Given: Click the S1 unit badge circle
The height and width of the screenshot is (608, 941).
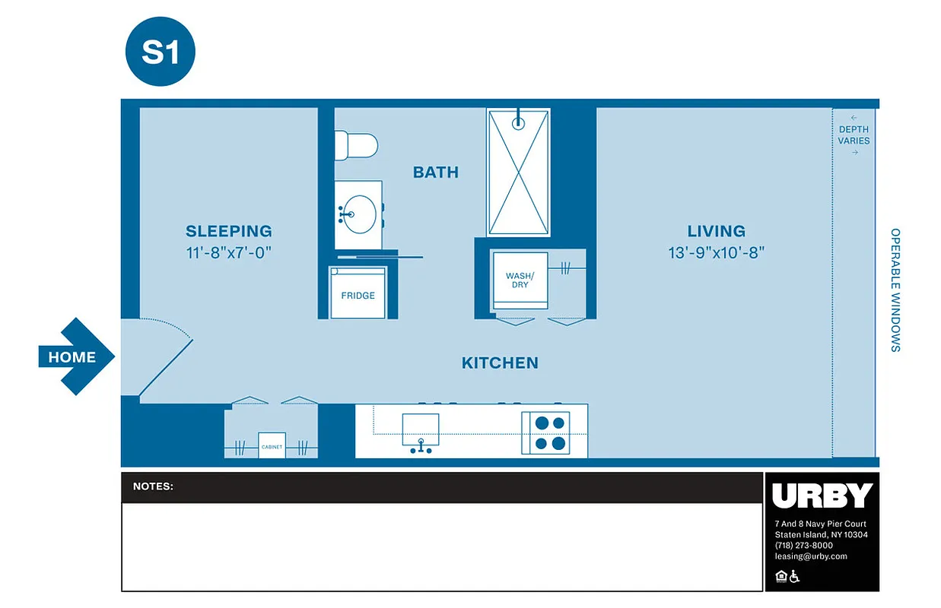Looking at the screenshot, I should point(160,51).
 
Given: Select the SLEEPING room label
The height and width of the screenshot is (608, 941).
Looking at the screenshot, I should point(228,231).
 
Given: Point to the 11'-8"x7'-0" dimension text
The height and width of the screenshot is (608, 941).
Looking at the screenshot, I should point(228,252).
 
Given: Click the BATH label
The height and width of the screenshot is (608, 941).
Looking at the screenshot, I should point(436,173).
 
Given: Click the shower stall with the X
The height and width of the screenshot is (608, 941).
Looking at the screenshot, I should point(518,173).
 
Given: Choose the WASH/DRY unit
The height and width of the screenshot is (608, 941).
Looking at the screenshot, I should point(520,280).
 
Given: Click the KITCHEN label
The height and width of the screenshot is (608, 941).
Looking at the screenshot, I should point(500,363).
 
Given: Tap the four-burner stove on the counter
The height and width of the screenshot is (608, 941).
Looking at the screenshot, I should point(545,432).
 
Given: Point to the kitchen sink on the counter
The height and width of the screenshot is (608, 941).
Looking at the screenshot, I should point(420,430).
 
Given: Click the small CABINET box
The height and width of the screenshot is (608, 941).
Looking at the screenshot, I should point(272,446).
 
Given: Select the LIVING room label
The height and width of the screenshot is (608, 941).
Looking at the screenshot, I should point(716,231).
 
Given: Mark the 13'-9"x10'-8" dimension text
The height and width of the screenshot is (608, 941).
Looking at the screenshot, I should point(716,252).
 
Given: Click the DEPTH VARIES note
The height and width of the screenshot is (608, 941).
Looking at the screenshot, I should point(854,135).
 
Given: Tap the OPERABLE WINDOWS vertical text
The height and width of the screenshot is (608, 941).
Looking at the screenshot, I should point(895,290).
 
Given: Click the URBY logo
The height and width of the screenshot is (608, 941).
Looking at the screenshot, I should point(822,496).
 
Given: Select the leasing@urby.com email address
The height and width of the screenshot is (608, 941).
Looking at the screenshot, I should point(810,556).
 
